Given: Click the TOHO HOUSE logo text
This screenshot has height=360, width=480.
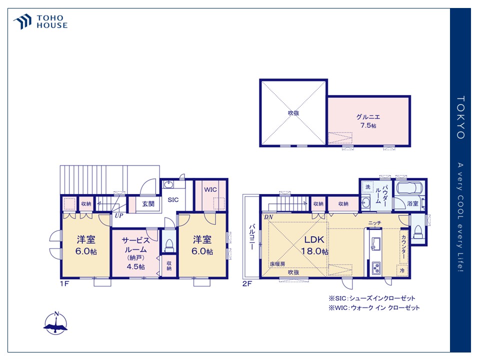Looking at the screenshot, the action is click(x=52, y=21).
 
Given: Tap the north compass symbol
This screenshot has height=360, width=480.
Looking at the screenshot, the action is click(x=56, y=323).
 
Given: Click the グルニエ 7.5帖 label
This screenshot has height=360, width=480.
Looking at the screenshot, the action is click(x=368, y=121).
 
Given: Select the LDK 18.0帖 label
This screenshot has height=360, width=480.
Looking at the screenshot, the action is click(x=314, y=245).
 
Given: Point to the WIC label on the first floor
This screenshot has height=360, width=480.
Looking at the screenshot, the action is click(x=210, y=189).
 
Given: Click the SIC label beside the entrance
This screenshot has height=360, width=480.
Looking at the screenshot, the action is click(x=173, y=200).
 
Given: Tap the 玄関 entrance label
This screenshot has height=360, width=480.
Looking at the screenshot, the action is click(x=148, y=204).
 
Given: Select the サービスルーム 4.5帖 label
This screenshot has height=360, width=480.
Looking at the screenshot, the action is click(x=135, y=253).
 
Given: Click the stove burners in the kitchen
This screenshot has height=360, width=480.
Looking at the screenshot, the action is click(x=375, y=268).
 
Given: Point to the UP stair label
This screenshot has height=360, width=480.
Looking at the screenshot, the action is click(x=119, y=215).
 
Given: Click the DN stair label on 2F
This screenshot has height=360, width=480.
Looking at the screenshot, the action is click(x=268, y=217).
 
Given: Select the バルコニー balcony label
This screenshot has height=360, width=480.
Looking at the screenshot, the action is click(x=251, y=236).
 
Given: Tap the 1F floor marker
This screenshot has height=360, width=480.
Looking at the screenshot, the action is click(x=64, y=284).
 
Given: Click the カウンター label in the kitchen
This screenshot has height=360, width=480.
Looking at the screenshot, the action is click(x=404, y=246).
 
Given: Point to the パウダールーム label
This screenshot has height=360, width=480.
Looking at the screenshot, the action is click(x=381, y=194).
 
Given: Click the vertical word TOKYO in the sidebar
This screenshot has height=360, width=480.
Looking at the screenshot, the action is click(x=460, y=117).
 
